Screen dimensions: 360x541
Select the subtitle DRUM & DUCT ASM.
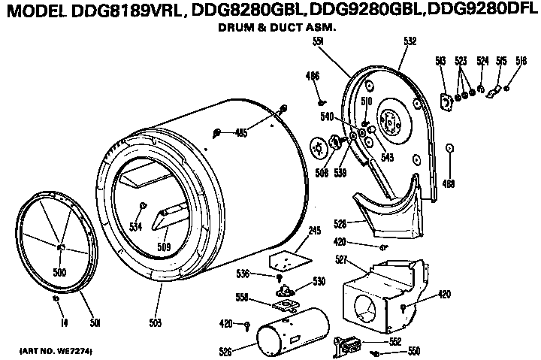pyautogui.click(x=271, y=27)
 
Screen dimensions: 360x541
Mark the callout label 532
pyautogui.click(x=410, y=43)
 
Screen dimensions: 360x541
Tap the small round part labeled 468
pyautogui.click(x=449, y=148)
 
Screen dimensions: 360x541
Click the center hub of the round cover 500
pyautogui.click(x=61, y=247)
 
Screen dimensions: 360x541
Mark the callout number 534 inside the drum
pyautogui.click(x=135, y=225)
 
